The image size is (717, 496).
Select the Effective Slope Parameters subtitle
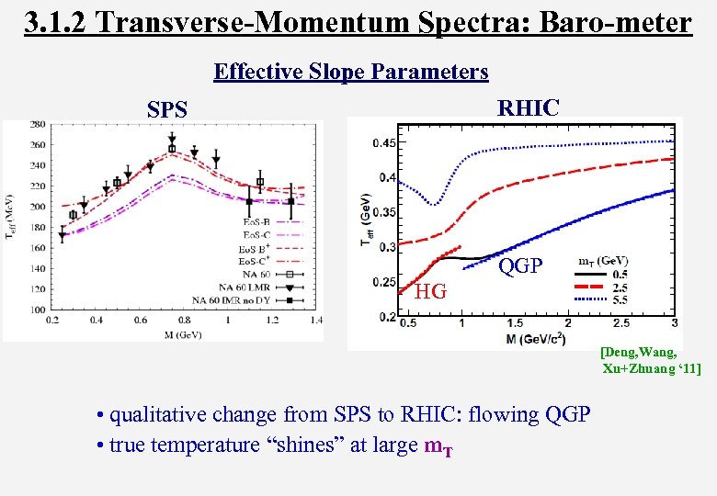tap(350, 72)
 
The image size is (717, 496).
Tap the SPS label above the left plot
tap(167, 110)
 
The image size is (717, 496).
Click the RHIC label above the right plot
tap(528, 107)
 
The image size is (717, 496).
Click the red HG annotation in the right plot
tap(431, 292)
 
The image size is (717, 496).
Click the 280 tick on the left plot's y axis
tap(38, 124)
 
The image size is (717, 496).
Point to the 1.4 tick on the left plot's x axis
tap(315, 321)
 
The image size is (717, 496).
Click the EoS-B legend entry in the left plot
tap(255, 222)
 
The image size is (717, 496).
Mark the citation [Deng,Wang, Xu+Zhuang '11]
tap(651, 360)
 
